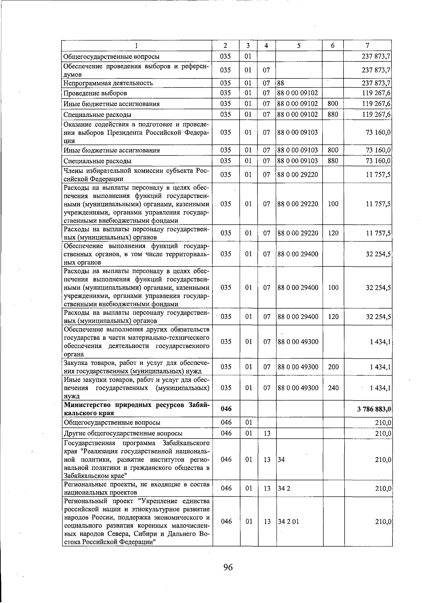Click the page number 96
pyautogui.click(x=228, y=567)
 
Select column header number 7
pyautogui.click(x=367, y=46)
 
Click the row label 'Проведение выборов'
pyautogui.click(x=95, y=94)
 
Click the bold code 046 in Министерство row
pyautogui.click(x=226, y=409)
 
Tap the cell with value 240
pyautogui.click(x=333, y=388)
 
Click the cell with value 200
pyautogui.click(x=333, y=367)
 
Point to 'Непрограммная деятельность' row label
pyautogui.click(x=108, y=83)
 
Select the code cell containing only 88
pyautogui.click(x=281, y=83)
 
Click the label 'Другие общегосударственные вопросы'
pyautogui.click(x=123, y=434)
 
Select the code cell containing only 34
pyautogui.click(x=281, y=460)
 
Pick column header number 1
pyautogui.click(x=136, y=46)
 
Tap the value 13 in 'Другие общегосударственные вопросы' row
pyautogui.click(x=267, y=434)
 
